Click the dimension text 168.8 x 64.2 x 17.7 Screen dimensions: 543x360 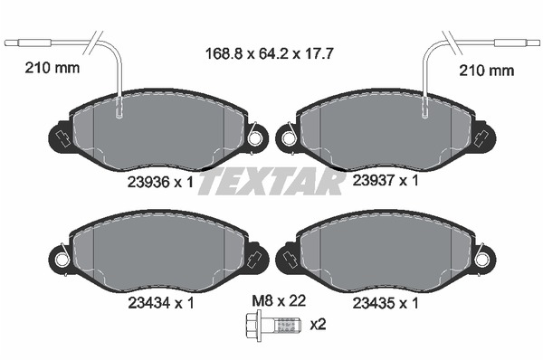[x=269, y=53]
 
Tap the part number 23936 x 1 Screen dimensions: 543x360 [x=160, y=182]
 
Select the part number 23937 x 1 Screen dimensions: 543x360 [x=386, y=180]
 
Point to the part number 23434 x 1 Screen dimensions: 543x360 [x=161, y=303]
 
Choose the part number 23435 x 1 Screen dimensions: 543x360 [x=386, y=303]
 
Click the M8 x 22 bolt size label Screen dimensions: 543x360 [x=279, y=301]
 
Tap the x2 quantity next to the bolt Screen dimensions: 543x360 [x=318, y=325]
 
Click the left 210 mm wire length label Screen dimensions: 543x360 [x=52, y=68]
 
